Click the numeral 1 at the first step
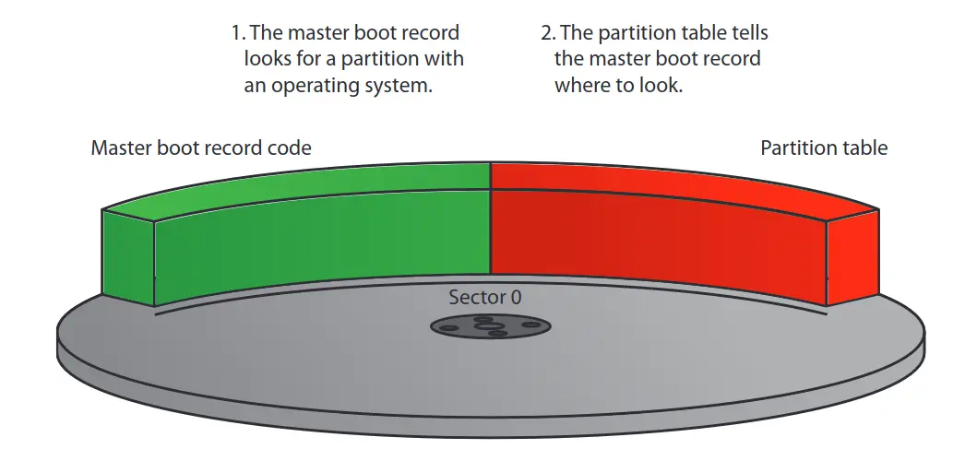[x=235, y=34]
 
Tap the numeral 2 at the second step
[x=546, y=34]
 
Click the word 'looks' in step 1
[x=268, y=60]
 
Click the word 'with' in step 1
[x=445, y=60]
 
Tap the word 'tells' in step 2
[x=745, y=34]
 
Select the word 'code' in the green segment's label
[x=289, y=148]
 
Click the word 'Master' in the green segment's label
[x=119, y=148]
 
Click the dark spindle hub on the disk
[x=490, y=325]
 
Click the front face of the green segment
[x=323, y=240]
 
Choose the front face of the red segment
[x=655, y=240]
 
